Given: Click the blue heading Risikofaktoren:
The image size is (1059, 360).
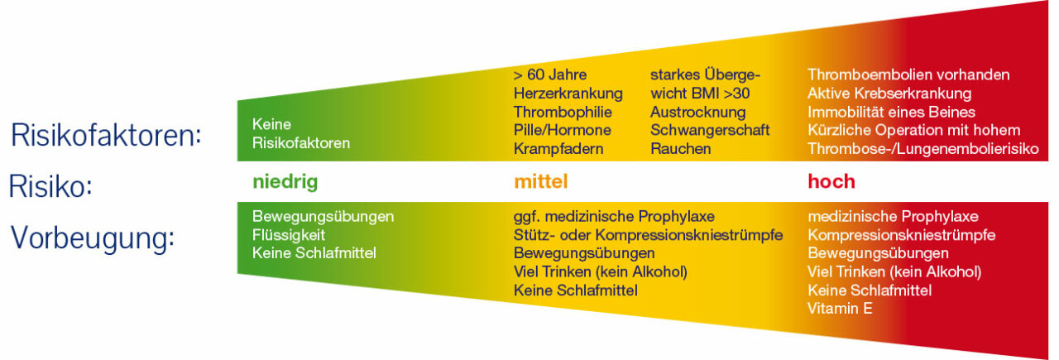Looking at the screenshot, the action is (x=106, y=135).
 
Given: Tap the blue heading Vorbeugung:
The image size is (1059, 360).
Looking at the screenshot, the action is (x=92, y=238).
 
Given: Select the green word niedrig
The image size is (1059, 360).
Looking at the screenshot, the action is (x=285, y=182).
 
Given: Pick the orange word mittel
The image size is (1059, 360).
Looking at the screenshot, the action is (x=541, y=181).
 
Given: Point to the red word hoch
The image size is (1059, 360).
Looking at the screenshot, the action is (x=831, y=181).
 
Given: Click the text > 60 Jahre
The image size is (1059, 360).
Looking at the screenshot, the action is (x=550, y=74).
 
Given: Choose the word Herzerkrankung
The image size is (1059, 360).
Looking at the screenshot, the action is (x=568, y=94).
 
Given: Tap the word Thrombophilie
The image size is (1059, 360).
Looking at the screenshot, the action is (x=563, y=112).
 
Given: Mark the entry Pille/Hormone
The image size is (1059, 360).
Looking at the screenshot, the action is (x=563, y=130).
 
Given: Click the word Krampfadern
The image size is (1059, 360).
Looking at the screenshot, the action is (x=558, y=149).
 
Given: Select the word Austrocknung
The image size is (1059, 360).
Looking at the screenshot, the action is (x=697, y=113).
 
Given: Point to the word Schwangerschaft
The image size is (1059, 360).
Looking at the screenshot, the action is (x=710, y=131).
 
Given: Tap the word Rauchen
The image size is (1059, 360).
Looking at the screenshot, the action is (x=680, y=149).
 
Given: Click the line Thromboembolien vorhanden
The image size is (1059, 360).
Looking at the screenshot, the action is (x=908, y=74).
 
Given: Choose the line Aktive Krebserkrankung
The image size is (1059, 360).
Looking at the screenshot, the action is (x=889, y=94).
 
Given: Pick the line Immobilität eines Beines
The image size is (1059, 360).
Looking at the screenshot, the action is (x=891, y=112).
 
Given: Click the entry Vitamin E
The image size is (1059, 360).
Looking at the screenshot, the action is (x=840, y=309).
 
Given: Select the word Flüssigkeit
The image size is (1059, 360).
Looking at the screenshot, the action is (x=289, y=235).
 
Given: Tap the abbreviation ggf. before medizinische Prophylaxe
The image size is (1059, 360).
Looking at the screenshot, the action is (x=527, y=217).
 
